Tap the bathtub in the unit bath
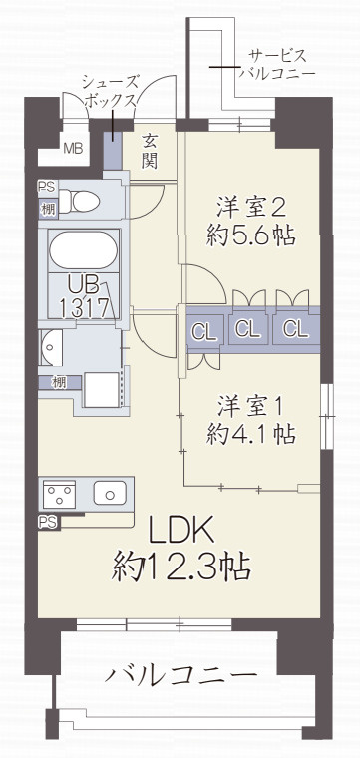point(84,250)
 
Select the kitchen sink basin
point(110,493)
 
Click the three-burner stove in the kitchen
point(59,494)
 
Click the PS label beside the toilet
point(47,187)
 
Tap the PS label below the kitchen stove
point(47,521)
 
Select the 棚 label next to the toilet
point(47,209)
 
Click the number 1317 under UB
point(84,307)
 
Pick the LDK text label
point(180,532)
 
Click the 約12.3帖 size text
point(181,568)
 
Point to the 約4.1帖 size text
point(251,434)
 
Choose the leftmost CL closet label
point(204,331)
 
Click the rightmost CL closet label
point(295,329)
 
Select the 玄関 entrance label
point(150,151)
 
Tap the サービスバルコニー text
point(277,64)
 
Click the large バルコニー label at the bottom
point(180,674)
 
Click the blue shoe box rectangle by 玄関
point(113,150)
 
